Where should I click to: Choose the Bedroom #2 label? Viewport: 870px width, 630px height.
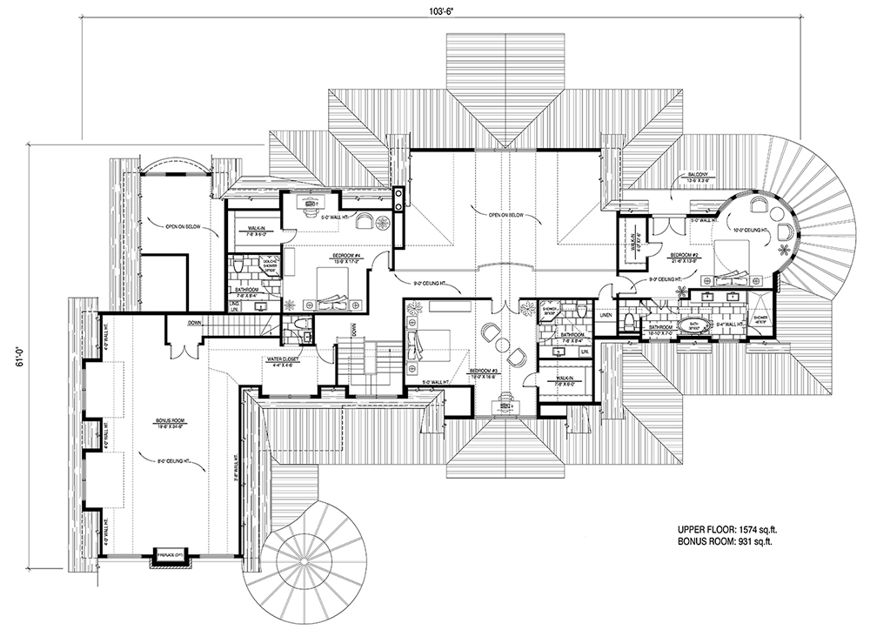pyautogui.click(x=685, y=258)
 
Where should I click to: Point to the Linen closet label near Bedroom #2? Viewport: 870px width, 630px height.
pyautogui.click(x=606, y=316)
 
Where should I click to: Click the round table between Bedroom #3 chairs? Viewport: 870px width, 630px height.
pyautogui.click(x=502, y=345)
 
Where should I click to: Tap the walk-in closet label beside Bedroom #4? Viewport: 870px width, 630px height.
pyautogui.click(x=246, y=232)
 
